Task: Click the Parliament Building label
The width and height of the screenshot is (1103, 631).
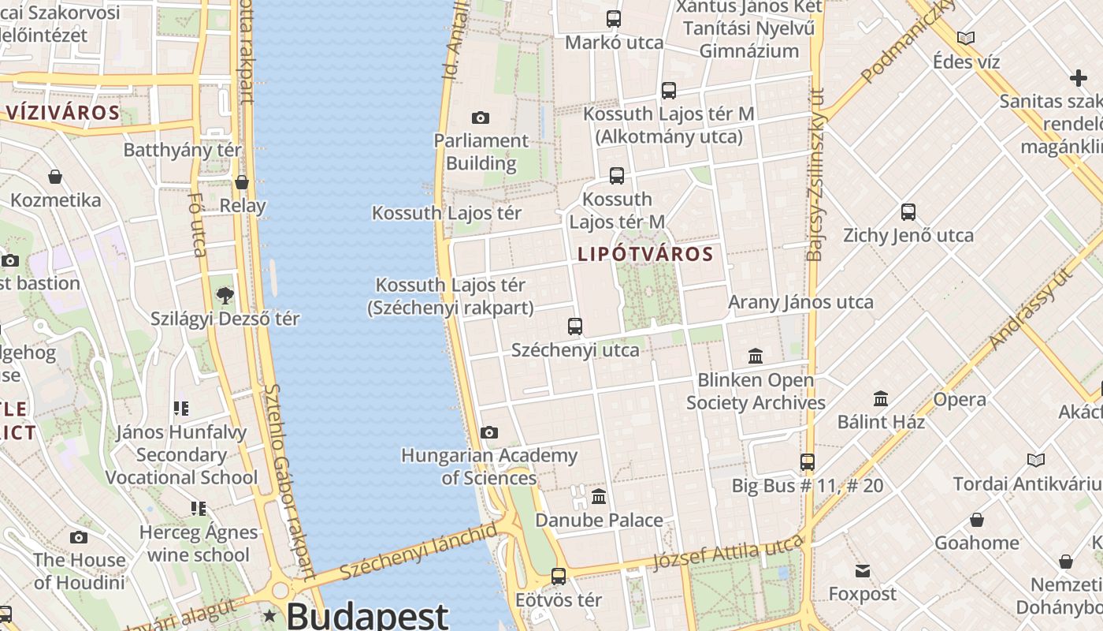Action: click(481, 152)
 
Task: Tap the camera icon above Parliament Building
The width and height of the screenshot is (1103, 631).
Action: click(481, 118)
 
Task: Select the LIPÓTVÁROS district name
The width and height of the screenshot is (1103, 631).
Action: click(645, 255)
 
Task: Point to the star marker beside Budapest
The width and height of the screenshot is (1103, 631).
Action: click(270, 615)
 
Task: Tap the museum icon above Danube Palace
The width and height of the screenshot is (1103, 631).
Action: click(599, 497)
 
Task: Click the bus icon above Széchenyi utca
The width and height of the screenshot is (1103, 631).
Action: click(575, 326)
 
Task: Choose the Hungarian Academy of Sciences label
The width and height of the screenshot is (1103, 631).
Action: click(489, 467)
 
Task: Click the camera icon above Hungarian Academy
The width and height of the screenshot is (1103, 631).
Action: click(489, 432)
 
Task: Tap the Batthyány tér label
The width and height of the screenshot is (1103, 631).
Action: click(183, 150)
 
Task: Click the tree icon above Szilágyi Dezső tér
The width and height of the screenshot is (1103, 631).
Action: click(225, 296)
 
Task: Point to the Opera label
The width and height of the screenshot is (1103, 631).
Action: click(960, 400)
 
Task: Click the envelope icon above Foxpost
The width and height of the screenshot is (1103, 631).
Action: click(863, 570)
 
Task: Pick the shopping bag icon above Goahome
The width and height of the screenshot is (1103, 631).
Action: click(977, 520)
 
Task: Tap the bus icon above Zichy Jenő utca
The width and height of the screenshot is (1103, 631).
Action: click(908, 211)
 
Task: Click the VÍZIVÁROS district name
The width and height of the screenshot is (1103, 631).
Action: click(63, 113)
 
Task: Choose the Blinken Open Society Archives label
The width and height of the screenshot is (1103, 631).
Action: click(756, 391)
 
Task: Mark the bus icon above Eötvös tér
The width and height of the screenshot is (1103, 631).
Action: click(559, 577)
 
